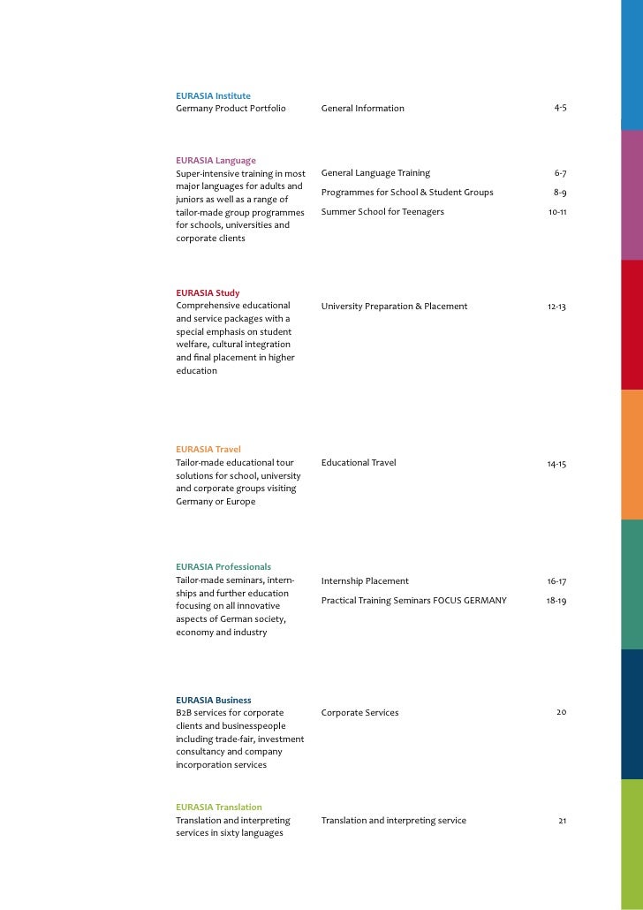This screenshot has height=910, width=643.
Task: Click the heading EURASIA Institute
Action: click(x=213, y=95)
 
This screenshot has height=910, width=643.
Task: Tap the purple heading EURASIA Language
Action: click(x=216, y=160)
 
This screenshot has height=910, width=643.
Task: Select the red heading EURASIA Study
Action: click(x=208, y=292)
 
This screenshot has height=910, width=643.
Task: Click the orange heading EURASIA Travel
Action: click(x=208, y=449)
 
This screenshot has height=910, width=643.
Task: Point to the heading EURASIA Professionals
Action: click(x=223, y=566)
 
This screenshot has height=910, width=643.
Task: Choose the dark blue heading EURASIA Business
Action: click(x=214, y=700)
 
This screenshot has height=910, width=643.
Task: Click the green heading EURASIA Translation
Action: click(x=219, y=807)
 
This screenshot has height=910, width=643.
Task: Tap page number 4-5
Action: click(x=560, y=108)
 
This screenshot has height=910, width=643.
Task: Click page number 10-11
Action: click(x=556, y=212)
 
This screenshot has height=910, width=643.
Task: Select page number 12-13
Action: click(x=556, y=307)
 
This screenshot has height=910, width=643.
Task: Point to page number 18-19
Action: click(x=556, y=601)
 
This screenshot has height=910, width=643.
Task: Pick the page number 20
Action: click(x=561, y=713)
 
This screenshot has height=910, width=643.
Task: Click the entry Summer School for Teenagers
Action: click(x=382, y=212)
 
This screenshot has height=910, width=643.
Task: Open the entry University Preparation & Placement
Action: click(x=394, y=307)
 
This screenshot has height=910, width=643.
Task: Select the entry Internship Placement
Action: click(x=365, y=581)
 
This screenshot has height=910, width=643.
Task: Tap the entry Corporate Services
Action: click(x=359, y=713)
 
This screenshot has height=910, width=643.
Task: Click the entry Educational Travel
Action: click(x=359, y=463)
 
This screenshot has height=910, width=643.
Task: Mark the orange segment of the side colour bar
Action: click(x=632, y=454)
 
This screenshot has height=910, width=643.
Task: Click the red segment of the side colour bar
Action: click(x=632, y=324)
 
